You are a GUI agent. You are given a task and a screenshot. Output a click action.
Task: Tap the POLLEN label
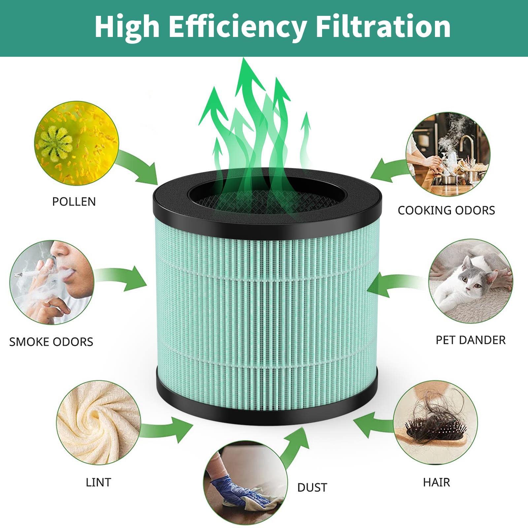[74, 202]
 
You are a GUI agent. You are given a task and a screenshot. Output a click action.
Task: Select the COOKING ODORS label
[446, 211]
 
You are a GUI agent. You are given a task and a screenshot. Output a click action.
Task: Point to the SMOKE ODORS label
[51, 342]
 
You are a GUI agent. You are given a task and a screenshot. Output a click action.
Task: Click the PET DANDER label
[471, 340]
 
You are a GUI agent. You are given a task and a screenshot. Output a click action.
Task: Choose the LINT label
[98, 482]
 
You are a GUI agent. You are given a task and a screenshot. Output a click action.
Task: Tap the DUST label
[312, 487]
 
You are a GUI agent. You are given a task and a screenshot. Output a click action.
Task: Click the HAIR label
[436, 482]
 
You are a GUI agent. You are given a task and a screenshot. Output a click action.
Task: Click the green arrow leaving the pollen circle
[139, 168]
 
